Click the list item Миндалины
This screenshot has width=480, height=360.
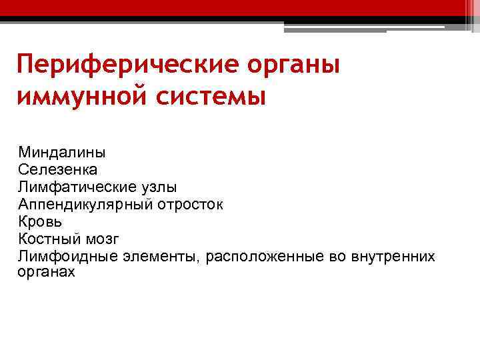point(61,153)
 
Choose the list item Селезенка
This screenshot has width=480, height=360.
point(58,170)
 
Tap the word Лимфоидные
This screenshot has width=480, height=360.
point(63,257)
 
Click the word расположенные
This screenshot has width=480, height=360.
point(262,257)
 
